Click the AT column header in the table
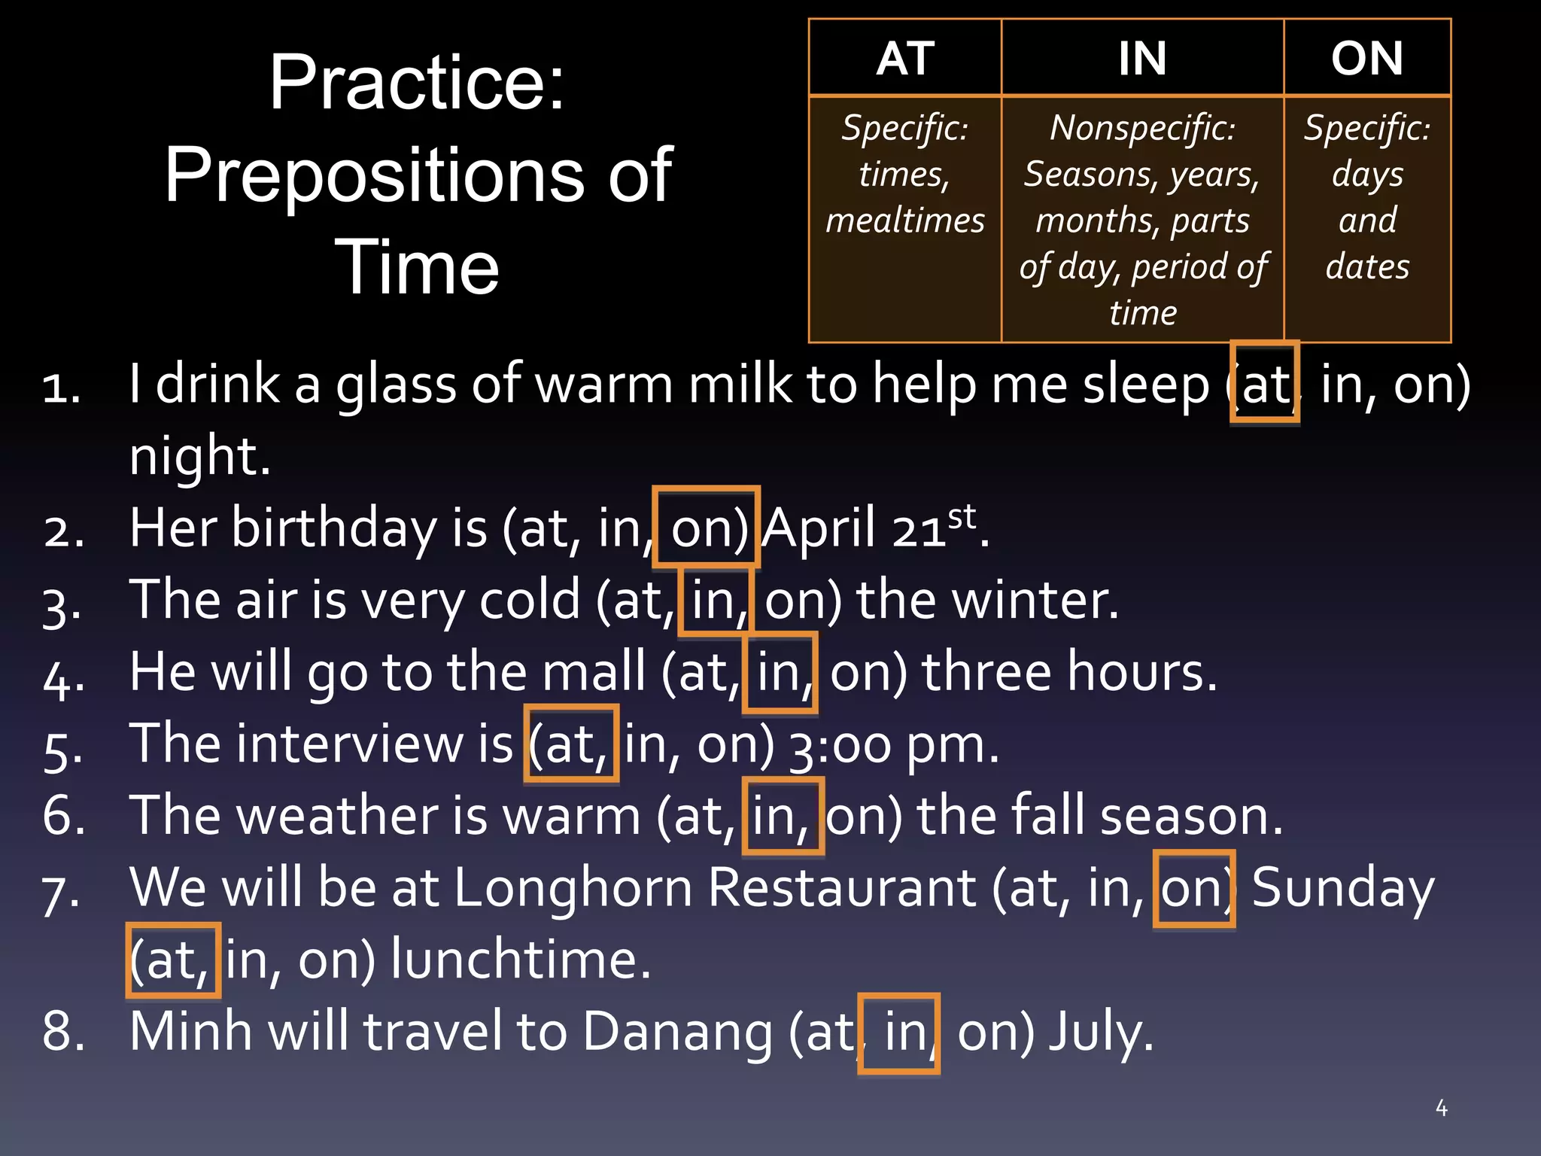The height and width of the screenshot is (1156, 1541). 905,58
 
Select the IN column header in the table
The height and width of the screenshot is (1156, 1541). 1142,58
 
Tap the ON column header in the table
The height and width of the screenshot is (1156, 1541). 1367,58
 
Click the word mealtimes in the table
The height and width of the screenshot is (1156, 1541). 904,221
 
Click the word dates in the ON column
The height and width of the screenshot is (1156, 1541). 1367,266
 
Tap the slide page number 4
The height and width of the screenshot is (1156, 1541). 1441,1108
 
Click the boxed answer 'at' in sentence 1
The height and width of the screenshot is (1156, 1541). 1266,384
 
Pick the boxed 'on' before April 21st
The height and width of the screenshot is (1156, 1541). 706,527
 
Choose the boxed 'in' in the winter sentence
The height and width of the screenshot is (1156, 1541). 714,600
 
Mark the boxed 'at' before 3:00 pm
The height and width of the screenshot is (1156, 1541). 572,744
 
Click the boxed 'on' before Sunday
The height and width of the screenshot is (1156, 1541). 1194,888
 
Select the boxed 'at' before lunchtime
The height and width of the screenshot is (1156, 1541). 174,960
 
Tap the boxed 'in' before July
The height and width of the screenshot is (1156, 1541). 899,1032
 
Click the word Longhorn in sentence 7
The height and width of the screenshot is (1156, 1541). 573,888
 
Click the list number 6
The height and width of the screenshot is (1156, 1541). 63,816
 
